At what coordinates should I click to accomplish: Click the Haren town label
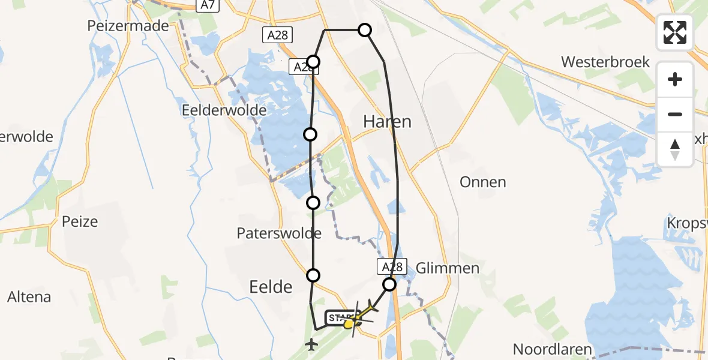pyautogui.click(x=387, y=122)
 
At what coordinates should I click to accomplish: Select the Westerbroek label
pyautogui.click(x=605, y=62)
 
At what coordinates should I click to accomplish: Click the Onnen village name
pyautogui.click(x=482, y=182)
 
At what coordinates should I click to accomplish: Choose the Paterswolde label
pyautogui.click(x=279, y=233)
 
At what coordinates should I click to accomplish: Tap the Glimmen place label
pyautogui.click(x=447, y=268)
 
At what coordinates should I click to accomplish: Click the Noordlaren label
pyautogui.click(x=552, y=349)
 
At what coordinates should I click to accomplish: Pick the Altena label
pyautogui.click(x=29, y=296)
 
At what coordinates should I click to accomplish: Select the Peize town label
pyautogui.click(x=79, y=222)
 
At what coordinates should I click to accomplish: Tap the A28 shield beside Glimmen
pyautogui.click(x=392, y=266)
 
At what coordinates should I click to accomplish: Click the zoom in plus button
pyautogui.click(x=675, y=79)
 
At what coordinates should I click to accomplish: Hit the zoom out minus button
pyautogui.click(x=675, y=114)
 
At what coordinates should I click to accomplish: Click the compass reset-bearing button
pyautogui.click(x=675, y=149)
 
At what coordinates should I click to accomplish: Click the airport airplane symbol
pyautogui.click(x=311, y=344)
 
